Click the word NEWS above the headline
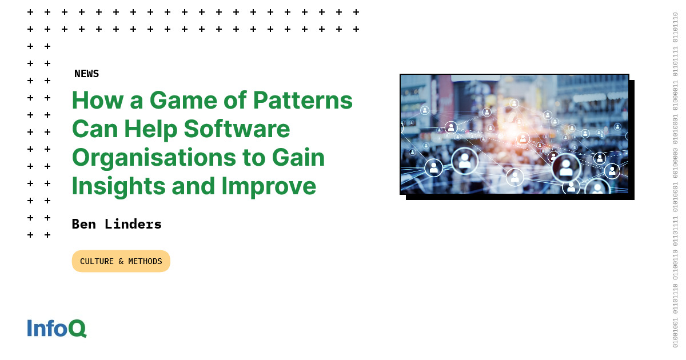tap(86, 74)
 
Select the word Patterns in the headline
tap(303, 101)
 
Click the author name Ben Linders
tap(117, 224)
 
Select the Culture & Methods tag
tap(121, 261)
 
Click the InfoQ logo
tap(57, 329)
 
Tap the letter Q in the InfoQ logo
tap(77, 329)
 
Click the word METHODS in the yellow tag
tap(145, 261)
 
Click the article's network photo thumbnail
tap(514, 134)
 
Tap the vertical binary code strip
tap(675, 180)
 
